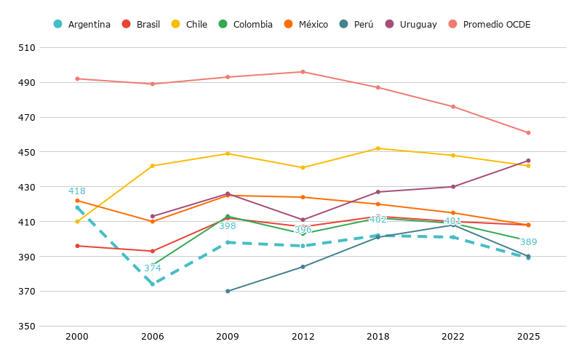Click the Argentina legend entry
[82, 24]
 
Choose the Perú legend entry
[356, 24]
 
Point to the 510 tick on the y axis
[27, 48]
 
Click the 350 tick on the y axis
[27, 326]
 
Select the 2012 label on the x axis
[303, 337]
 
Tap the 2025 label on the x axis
[528, 337]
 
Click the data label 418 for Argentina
[76, 191]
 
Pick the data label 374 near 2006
[153, 268]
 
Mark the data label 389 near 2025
[529, 242]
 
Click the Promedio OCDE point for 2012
[303, 72]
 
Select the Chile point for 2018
[378, 148]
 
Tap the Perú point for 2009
[228, 291]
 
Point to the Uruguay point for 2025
[528, 161]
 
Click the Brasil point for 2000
[78, 246]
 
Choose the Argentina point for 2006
[153, 284]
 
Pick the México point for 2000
[78, 201]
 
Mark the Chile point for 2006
[153, 166]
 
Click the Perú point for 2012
[303, 267]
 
